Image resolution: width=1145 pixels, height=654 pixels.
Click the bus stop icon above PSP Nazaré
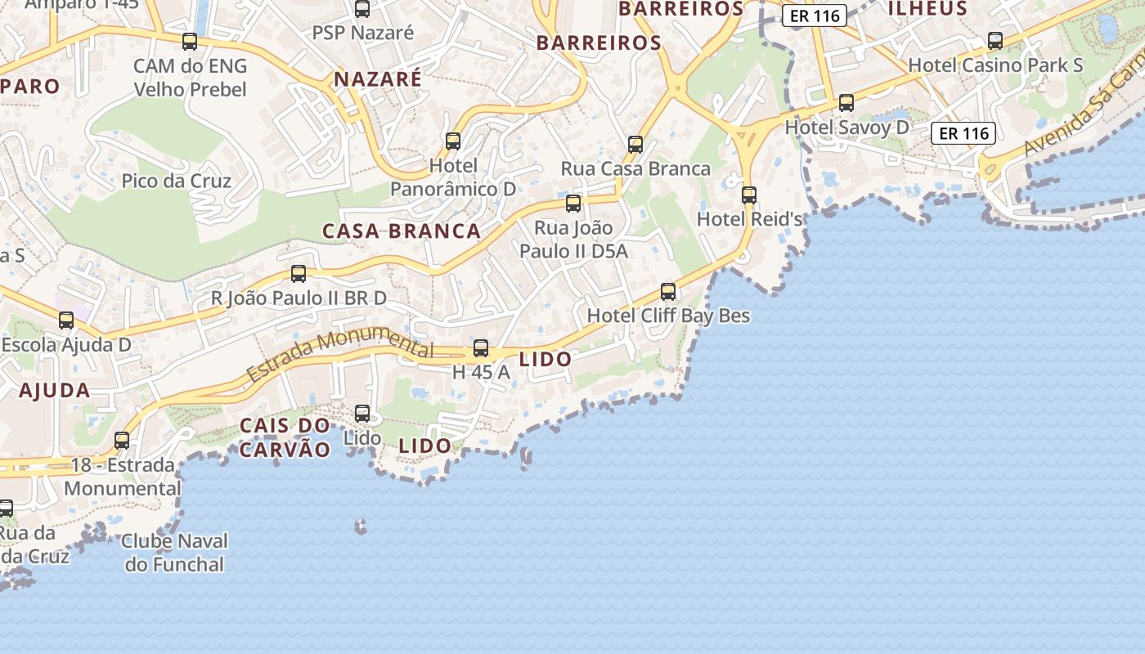tap(362, 9)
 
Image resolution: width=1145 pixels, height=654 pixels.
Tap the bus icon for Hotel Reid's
tap(749, 195)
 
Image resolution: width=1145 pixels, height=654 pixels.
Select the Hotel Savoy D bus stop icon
tap(846, 103)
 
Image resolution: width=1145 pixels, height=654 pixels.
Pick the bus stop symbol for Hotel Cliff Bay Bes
tap(668, 291)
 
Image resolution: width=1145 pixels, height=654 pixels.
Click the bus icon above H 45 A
tap(481, 348)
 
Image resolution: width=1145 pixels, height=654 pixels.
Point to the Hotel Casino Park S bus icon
tap(995, 41)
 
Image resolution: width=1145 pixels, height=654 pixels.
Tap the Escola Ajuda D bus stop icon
tap(66, 320)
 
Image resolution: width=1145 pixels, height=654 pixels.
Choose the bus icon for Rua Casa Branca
tap(635, 145)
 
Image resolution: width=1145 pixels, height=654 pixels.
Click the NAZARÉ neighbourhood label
tap(378, 79)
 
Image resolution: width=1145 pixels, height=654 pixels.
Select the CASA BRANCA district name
tap(402, 231)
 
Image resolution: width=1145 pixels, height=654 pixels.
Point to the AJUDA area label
tap(55, 391)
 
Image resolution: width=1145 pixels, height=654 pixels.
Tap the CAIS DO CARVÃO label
tap(285, 437)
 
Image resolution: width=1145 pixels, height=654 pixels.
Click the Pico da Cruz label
tap(177, 181)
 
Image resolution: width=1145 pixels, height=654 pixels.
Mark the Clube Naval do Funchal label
tap(174, 553)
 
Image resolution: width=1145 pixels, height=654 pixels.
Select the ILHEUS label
tap(927, 9)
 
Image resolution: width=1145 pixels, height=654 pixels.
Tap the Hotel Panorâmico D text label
tap(453, 177)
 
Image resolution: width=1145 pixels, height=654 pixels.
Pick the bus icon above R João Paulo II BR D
tap(299, 274)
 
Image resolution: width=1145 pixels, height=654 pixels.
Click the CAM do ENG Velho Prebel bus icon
tap(190, 42)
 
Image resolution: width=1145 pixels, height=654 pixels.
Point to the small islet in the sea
tap(361, 527)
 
